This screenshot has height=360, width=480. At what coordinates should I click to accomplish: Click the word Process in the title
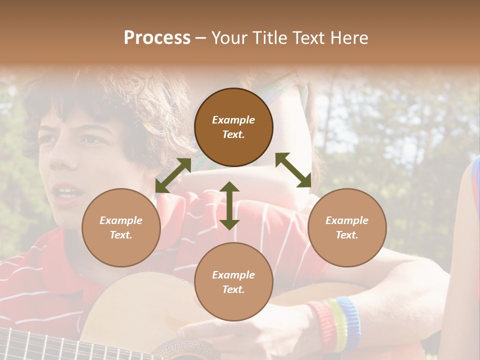(157, 37)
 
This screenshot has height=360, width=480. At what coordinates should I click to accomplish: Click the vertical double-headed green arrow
(229, 205)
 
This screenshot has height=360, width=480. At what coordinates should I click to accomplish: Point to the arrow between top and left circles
(173, 175)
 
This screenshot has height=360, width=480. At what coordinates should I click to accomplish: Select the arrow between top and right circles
(293, 170)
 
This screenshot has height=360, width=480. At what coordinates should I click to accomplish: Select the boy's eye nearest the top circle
(91, 139)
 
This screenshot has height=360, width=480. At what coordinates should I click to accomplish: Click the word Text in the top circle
(233, 134)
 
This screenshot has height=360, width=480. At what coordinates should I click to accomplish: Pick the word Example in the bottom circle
(233, 274)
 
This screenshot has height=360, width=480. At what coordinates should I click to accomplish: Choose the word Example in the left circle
(121, 220)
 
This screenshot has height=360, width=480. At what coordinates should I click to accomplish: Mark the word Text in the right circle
(347, 234)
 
